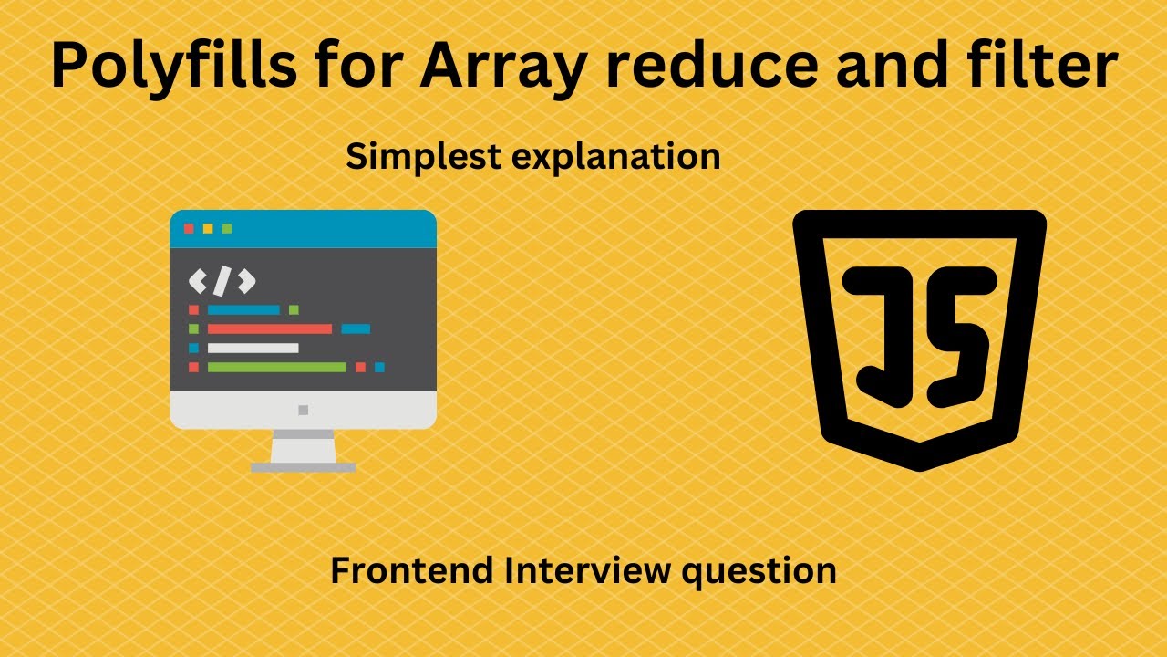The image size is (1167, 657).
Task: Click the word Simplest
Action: [424, 158]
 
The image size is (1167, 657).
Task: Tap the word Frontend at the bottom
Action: [410, 571]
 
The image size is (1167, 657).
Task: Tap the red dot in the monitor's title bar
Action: [189, 228]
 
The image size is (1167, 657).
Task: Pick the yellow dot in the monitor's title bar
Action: [208, 228]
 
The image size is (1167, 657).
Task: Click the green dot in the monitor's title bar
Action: [227, 228]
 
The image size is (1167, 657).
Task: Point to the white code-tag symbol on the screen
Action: [222, 281]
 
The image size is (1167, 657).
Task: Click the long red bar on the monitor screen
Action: [269, 328]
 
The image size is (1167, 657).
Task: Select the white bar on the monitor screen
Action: [253, 348]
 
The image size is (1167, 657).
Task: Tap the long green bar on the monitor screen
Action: [276, 367]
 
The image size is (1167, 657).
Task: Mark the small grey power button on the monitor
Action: [304, 410]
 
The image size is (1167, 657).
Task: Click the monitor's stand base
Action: [304, 467]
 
